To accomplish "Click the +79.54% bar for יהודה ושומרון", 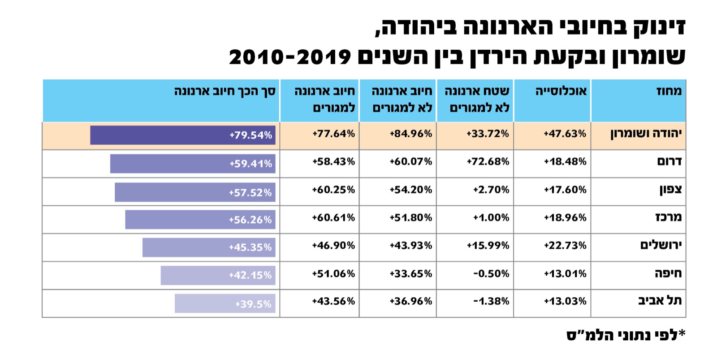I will tap(182, 135).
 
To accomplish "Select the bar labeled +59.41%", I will tap(193, 164).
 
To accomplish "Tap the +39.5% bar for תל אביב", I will tap(225, 304).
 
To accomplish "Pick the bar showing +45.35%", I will tap(209, 247).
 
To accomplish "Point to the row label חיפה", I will tap(668, 273).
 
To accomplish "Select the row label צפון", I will tap(670, 190).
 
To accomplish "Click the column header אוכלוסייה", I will tap(561, 91).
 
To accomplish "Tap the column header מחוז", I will tap(669, 91).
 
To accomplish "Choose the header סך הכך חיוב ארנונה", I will tap(225, 91).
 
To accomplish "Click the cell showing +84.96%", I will tap(410, 134).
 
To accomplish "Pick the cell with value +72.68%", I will tap(488, 161).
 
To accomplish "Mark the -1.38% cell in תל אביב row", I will tap(491, 301).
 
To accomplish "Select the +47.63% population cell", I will tap(565, 134).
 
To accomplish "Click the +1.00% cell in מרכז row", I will tap(491, 217).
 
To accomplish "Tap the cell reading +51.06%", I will tap(333, 273).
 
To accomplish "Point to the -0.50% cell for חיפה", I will tap(491, 273).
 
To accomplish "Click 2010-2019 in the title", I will tap(289, 57).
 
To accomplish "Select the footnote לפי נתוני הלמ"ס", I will tap(626, 335).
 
